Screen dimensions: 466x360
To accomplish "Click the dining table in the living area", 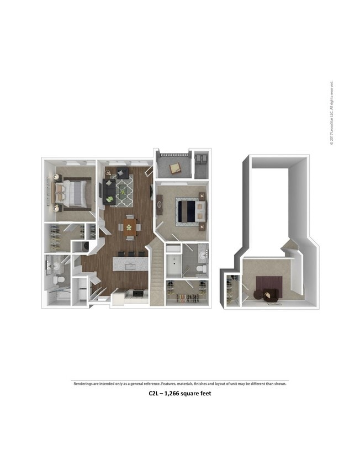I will pos(130,226).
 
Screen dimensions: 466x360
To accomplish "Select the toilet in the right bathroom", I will pos(202,269).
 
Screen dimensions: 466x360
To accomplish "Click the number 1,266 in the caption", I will pos(176,394).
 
